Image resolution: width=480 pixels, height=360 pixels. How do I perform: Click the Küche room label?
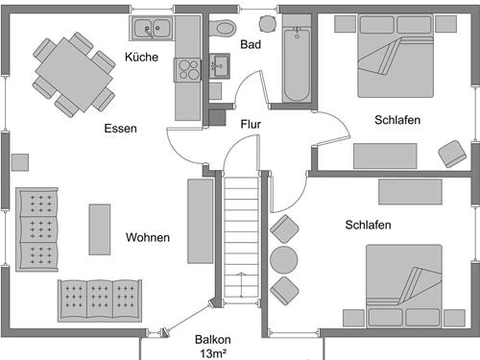pos(142,58)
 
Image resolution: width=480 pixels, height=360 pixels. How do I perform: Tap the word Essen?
pos(121,128)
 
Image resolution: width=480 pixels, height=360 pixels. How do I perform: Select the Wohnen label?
pos(147,237)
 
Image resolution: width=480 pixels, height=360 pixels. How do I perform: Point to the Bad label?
pos(251,44)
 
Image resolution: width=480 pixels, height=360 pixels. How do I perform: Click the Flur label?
pos(251,124)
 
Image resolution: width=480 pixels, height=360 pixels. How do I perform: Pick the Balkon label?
pos(213,340)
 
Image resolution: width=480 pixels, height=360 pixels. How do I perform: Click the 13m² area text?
pos(213,353)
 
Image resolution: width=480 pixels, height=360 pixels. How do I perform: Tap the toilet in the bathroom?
pos(224,27)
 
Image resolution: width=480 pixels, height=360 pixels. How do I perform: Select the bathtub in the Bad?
pos(296,64)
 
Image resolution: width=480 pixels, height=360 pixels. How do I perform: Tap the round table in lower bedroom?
pos(285,259)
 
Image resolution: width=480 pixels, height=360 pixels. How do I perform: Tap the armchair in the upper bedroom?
pos(452,153)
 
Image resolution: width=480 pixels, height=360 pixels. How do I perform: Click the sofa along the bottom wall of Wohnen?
pos(100,299)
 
